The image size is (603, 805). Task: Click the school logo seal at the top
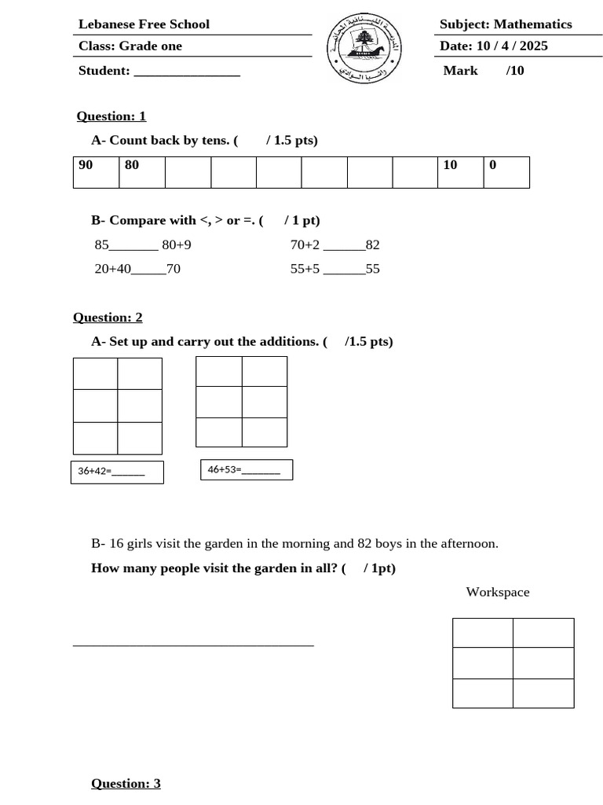(x=364, y=48)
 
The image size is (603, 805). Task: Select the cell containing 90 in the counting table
(x=96, y=172)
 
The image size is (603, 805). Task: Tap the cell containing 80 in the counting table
(x=142, y=172)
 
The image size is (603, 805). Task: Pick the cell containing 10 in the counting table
(x=460, y=172)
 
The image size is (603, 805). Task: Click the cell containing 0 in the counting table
(x=506, y=172)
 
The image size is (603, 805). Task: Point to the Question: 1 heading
(x=111, y=116)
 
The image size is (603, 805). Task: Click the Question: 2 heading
(x=108, y=318)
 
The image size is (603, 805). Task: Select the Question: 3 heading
(x=126, y=783)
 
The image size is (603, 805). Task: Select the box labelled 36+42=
(x=117, y=472)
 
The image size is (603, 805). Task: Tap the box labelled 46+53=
(x=247, y=470)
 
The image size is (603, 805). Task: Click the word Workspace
(x=498, y=592)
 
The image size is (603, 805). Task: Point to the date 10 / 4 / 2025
(x=512, y=46)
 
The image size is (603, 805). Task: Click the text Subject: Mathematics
(x=506, y=24)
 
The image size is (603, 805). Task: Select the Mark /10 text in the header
(x=483, y=71)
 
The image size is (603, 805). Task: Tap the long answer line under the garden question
(x=193, y=645)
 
